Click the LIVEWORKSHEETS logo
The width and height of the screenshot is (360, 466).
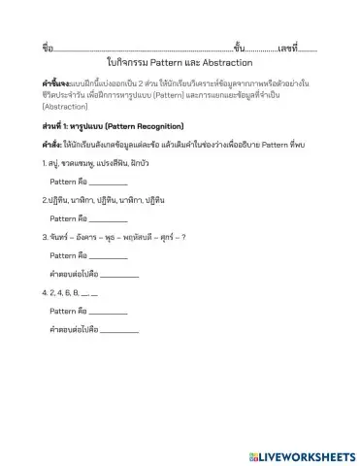coord(302,454)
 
